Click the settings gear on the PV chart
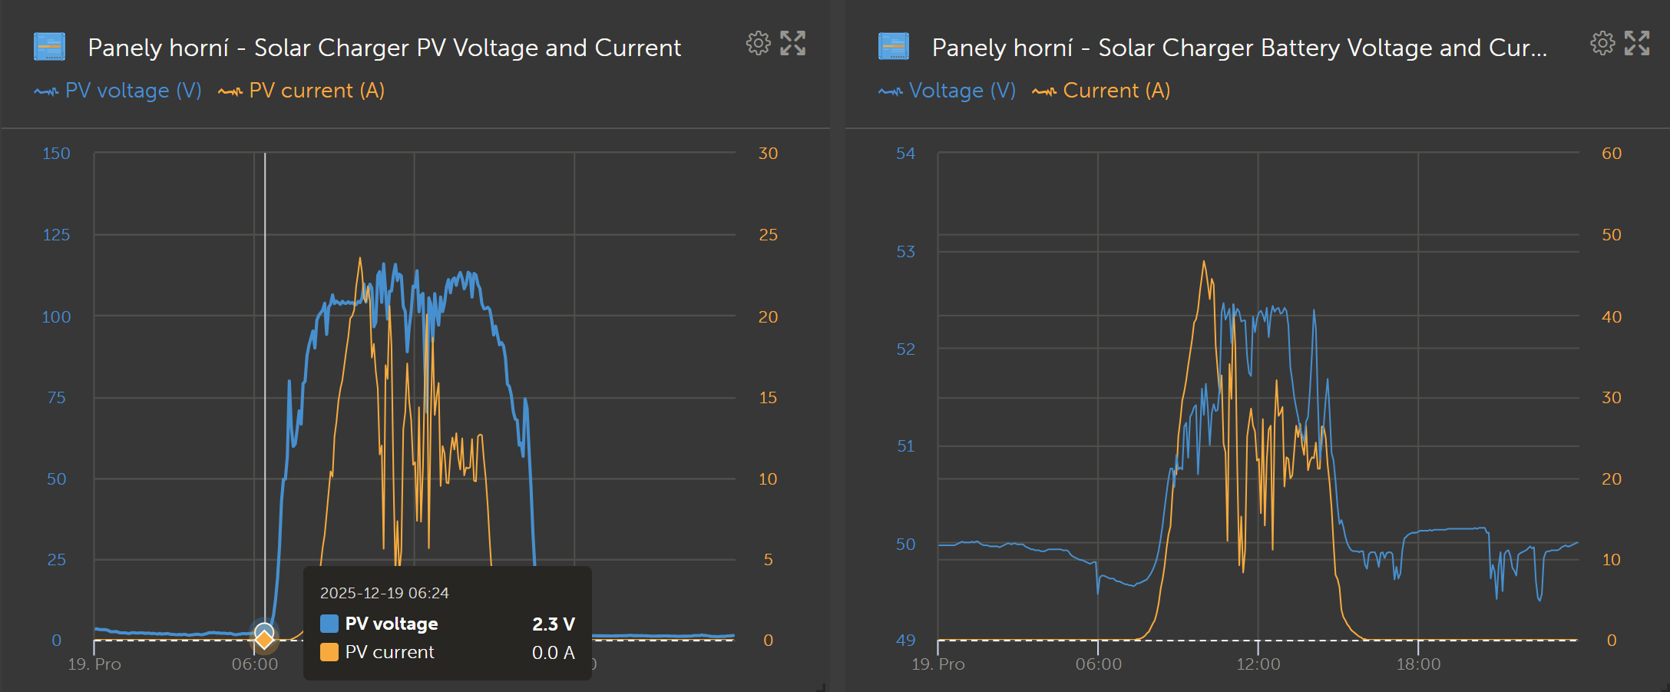[x=758, y=44]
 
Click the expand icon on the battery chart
[x=1636, y=44]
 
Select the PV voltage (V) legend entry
[x=118, y=91]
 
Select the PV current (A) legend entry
[x=302, y=91]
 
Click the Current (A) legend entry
[x=1102, y=91]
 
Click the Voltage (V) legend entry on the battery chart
[x=947, y=91]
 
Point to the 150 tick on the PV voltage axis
[x=56, y=154]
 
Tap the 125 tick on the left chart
[x=56, y=235]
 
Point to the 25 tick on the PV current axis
[x=768, y=235]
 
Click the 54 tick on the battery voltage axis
[x=906, y=154]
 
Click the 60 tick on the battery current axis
[x=1612, y=154]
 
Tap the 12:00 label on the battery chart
[x=1258, y=664]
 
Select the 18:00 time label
[x=1418, y=664]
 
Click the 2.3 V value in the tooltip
[x=553, y=624]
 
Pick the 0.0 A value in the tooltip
[x=553, y=653]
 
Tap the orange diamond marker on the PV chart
[x=264, y=639]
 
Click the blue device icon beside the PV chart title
[x=50, y=47]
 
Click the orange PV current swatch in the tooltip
[x=329, y=653]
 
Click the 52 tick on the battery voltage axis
[x=906, y=349]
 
